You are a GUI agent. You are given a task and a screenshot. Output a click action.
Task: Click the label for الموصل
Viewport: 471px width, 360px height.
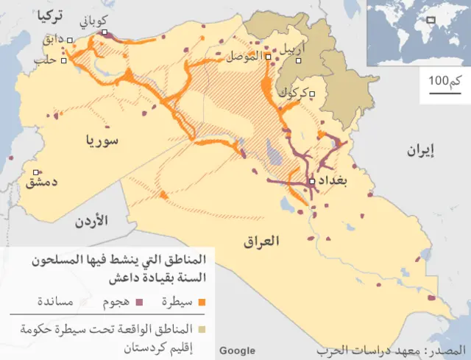[x=244, y=56]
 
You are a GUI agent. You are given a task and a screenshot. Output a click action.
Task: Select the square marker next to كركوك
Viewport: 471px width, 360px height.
[x=313, y=93]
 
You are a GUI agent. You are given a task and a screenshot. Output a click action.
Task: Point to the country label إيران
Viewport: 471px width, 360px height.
[x=422, y=151]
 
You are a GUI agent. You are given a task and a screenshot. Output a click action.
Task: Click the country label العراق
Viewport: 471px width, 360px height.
[x=261, y=240]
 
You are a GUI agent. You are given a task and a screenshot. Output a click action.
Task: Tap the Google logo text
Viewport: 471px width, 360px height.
[x=237, y=350]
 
